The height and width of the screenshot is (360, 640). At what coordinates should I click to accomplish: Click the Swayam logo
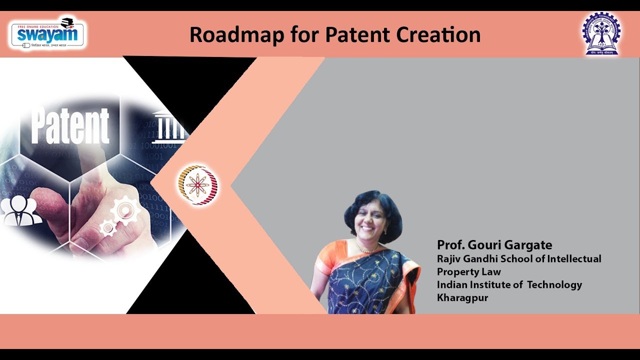click(x=47, y=32)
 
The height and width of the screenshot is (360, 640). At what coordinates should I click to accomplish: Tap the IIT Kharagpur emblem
click(x=600, y=34)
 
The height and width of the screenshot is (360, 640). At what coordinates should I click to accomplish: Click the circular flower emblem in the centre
click(x=197, y=185)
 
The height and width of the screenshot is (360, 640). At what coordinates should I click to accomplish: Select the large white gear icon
click(x=125, y=210)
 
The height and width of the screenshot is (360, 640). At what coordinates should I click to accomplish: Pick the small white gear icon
click(x=108, y=228)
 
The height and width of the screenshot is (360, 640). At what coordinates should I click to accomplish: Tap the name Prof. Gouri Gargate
click(x=494, y=245)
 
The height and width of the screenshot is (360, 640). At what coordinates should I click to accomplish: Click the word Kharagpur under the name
click(x=462, y=297)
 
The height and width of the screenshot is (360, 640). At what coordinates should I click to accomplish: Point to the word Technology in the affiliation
click(x=554, y=284)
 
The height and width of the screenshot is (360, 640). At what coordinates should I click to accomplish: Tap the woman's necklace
click(x=367, y=248)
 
